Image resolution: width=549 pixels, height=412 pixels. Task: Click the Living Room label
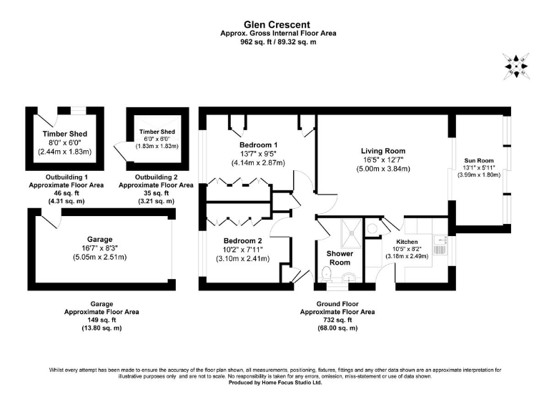(382, 151)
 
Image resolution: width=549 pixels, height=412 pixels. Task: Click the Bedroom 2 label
(242, 240)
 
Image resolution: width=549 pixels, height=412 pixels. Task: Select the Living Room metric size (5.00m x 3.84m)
(382, 169)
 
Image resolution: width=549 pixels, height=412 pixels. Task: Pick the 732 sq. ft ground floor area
(337, 320)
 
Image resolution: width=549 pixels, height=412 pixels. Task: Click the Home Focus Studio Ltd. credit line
(275, 383)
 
